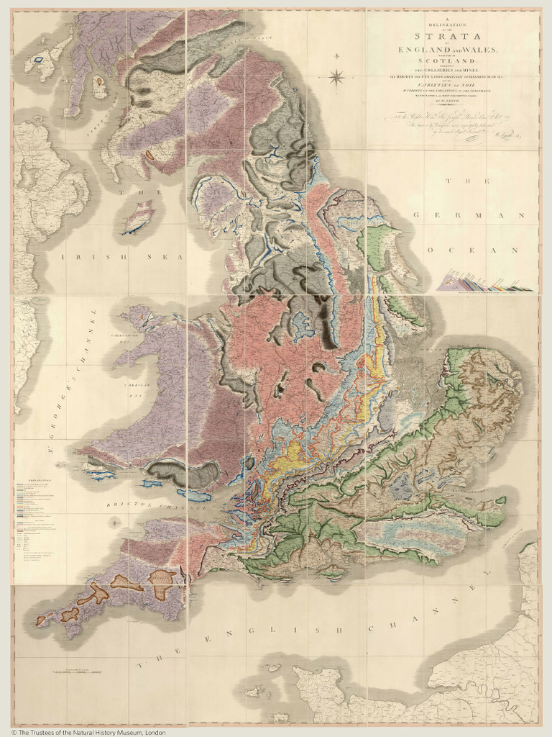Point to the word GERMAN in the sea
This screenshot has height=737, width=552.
point(474,215)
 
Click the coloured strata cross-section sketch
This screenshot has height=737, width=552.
point(484,281)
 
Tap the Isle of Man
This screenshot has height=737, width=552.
point(138,216)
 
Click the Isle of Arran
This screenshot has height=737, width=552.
point(100,89)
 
